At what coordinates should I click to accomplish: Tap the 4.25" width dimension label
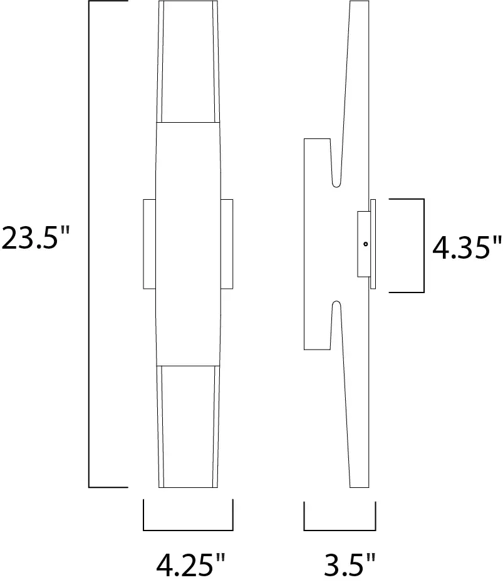click(190, 565)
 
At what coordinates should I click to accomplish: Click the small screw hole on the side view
click(365, 244)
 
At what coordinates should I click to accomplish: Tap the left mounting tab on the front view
click(149, 244)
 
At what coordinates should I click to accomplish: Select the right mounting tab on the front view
click(226, 244)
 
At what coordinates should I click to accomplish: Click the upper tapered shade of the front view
click(188, 63)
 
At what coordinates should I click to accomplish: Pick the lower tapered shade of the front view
click(188, 426)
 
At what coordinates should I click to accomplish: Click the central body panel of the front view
click(188, 244)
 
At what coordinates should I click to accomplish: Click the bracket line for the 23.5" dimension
click(89, 244)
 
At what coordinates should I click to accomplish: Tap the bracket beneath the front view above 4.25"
click(188, 529)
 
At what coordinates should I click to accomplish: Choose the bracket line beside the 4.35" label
click(424, 246)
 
